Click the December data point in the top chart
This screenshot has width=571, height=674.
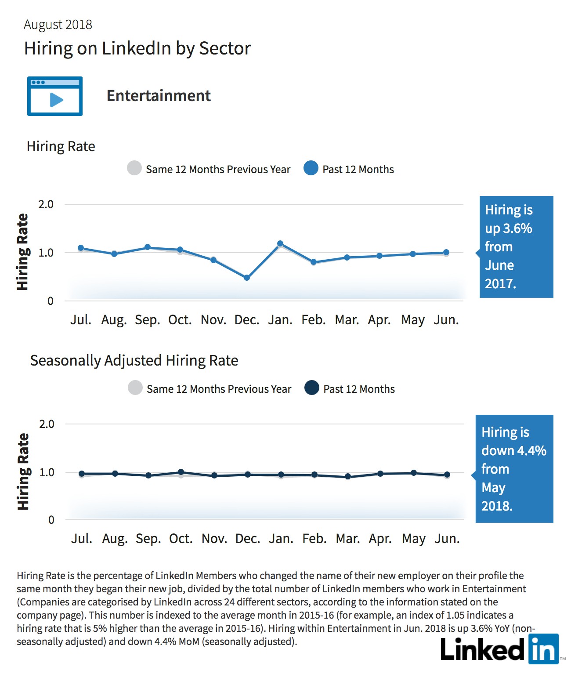coord(247,278)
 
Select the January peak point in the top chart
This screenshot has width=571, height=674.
coord(280,243)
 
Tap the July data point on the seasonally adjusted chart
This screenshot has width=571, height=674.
coord(82,474)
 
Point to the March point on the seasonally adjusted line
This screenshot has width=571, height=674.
coord(348,476)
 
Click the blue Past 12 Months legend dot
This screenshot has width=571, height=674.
coord(311,168)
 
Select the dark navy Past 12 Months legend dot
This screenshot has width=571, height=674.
coord(311,388)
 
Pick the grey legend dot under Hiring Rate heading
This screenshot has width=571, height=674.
coord(134,168)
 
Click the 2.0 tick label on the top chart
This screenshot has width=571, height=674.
coord(46,204)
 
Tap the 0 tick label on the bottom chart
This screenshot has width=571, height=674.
coord(51,520)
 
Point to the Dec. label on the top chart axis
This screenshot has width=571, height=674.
coord(247,320)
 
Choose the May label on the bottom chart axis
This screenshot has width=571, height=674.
coord(414,539)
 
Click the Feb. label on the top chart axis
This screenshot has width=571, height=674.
coord(314,320)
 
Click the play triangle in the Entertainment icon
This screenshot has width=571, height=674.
coord(56,100)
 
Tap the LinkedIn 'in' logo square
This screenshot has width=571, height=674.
coord(543,649)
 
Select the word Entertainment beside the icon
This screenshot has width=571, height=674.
coord(159,96)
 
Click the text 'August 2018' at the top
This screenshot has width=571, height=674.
coord(58,25)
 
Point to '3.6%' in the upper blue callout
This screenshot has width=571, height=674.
coord(517,228)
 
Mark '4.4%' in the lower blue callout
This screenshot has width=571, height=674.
coord(531,450)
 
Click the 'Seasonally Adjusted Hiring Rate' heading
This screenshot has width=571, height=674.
coord(134,361)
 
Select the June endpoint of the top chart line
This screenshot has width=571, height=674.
coord(446,252)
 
